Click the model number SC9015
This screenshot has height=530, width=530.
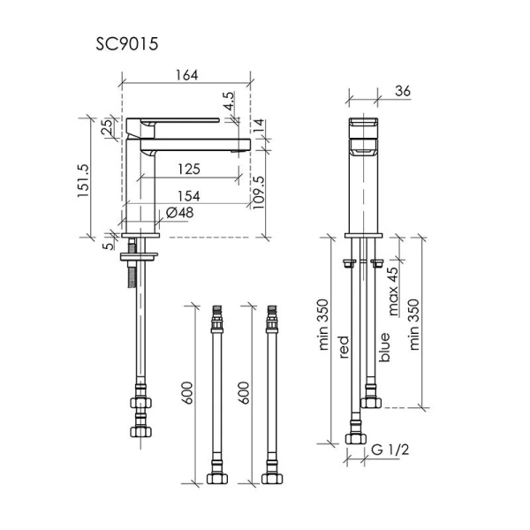coord(126,44)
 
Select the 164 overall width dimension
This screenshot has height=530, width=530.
coord(186,75)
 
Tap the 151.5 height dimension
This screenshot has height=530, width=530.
coord(83,180)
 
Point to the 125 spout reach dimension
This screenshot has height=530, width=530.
coord(189,169)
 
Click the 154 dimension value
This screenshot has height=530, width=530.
coord(189,196)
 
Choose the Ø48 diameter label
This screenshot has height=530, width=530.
coord(180,213)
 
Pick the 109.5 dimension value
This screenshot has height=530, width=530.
coord(259,193)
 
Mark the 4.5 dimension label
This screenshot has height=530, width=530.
coord(229,101)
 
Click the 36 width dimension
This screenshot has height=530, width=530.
coord(403,91)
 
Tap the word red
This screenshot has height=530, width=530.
coord(343,347)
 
